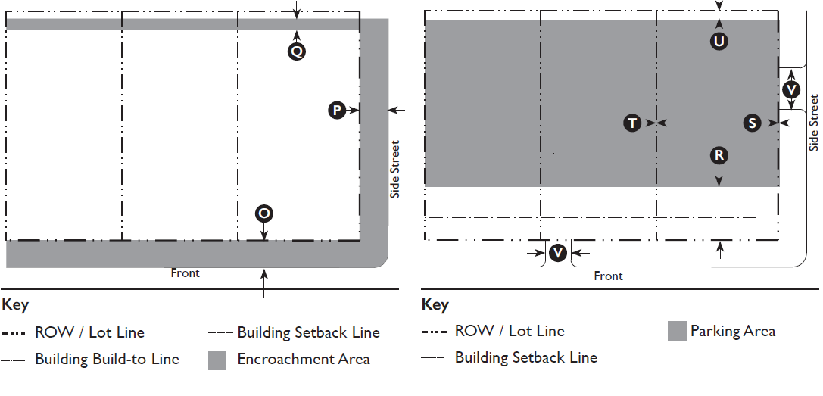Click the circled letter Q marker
click(297, 51)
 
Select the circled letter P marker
click(336, 111)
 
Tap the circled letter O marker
click(263, 214)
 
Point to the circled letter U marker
click(719, 42)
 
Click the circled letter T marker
click(632, 123)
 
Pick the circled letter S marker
click(751, 123)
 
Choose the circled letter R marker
click(719, 156)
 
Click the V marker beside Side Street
click(791, 89)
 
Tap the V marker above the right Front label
click(558, 253)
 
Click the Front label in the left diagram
click(185, 273)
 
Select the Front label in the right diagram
click(608, 276)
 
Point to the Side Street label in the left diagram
click(394, 170)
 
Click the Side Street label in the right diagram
click(814, 121)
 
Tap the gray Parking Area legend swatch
click(677, 331)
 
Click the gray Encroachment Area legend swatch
click(217, 360)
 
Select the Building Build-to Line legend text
click(107, 359)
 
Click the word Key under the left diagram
click(15, 305)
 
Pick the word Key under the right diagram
click(435, 305)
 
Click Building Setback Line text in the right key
click(525, 357)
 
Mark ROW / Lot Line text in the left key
click(89, 332)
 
